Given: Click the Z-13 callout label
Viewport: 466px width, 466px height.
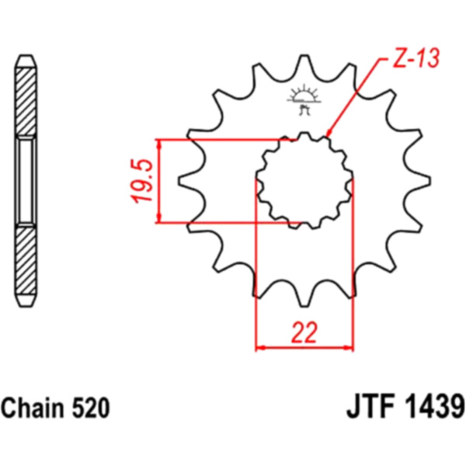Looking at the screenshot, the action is (416, 57).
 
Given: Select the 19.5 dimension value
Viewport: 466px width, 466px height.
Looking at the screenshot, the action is (143, 181).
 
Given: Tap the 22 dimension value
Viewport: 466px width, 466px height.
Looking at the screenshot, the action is (304, 332).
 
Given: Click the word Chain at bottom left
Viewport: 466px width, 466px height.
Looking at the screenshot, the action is (33, 408).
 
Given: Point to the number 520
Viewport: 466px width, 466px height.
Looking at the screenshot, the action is (91, 408).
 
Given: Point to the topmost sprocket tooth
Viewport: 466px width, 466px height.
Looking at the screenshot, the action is (304, 64).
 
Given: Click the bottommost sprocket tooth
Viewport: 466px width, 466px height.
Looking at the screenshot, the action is (304, 297).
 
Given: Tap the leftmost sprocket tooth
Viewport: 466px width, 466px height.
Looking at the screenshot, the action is (188, 181).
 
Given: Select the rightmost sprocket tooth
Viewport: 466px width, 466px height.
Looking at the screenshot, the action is (420, 181).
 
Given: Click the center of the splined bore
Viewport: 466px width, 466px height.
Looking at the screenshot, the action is (304, 181).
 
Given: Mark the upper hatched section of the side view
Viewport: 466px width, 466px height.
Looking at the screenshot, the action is (26, 101).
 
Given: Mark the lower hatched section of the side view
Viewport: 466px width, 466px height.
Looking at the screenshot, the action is (26, 260).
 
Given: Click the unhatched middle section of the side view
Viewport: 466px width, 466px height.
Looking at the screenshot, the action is (26, 181).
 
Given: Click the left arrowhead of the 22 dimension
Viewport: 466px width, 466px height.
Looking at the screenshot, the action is (261, 347).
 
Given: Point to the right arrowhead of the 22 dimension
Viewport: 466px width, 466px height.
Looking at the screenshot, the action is (348, 347).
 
